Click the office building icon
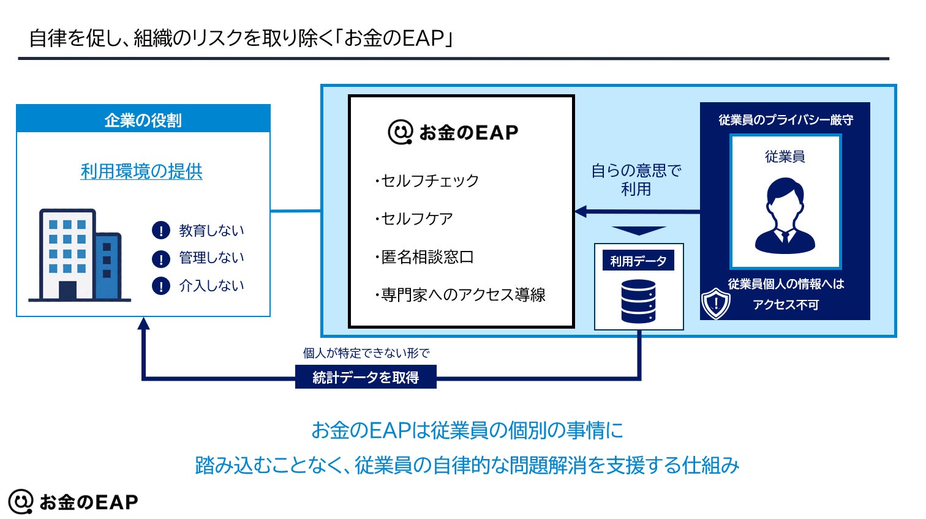[80, 255]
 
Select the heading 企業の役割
[143, 120]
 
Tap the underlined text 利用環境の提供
[141, 171]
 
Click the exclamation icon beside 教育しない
[160, 231]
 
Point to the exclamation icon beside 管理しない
[160, 258]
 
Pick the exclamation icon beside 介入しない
[160, 286]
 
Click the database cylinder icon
[638, 301]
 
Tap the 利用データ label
[638, 261]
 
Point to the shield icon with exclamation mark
[715, 303]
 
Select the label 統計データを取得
[366, 377]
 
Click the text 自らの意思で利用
[636, 179]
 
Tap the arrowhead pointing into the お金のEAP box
[581, 212]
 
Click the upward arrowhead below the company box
[143, 323]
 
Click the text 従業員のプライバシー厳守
[785, 120]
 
